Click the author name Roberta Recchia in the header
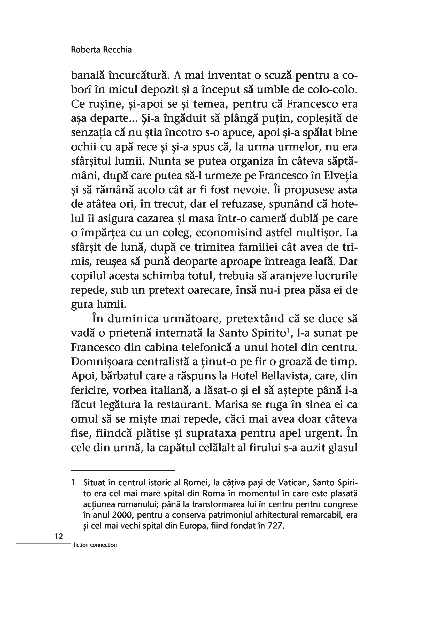point(101,50)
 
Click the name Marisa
point(232,405)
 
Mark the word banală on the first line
point(86,75)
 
